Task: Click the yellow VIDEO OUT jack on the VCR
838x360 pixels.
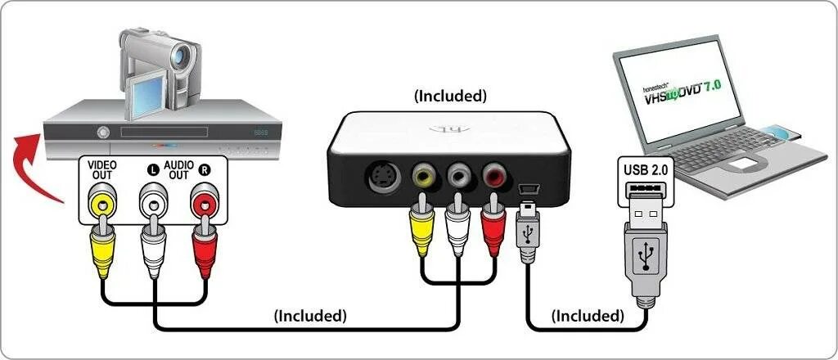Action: coord(101,200)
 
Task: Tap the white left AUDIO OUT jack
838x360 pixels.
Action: coord(152,200)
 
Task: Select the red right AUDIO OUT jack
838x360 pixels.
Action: coord(204,200)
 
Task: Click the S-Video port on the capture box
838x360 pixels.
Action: coord(381,175)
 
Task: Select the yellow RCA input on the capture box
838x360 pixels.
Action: coord(424,174)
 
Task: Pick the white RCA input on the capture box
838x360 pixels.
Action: coord(459,174)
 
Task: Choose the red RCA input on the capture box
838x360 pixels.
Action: coord(494,174)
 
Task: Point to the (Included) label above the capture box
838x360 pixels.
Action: coord(450,96)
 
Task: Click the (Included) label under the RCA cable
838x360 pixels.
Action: coord(310,314)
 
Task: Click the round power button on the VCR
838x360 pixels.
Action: coord(103,132)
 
